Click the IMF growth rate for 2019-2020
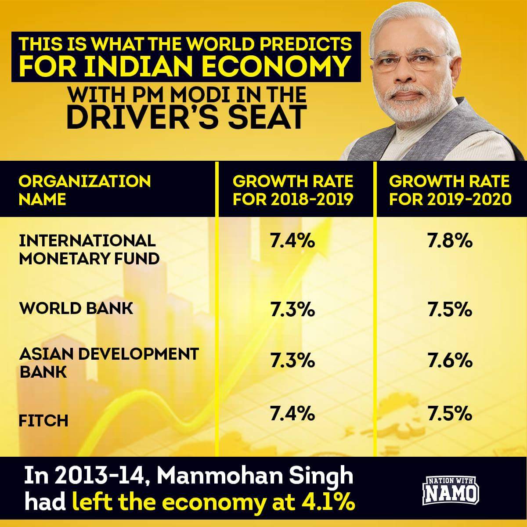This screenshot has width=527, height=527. (450, 241)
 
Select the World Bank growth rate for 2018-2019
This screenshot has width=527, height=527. (292, 310)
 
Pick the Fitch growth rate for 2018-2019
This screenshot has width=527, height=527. (292, 413)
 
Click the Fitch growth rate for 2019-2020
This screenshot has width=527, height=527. (450, 413)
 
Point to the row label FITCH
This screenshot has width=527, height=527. (43, 421)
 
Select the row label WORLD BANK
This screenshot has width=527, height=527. (76, 308)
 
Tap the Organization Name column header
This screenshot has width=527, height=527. (84, 190)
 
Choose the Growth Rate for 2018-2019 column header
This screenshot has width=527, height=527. (293, 190)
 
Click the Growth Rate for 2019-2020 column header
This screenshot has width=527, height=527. (450, 190)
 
